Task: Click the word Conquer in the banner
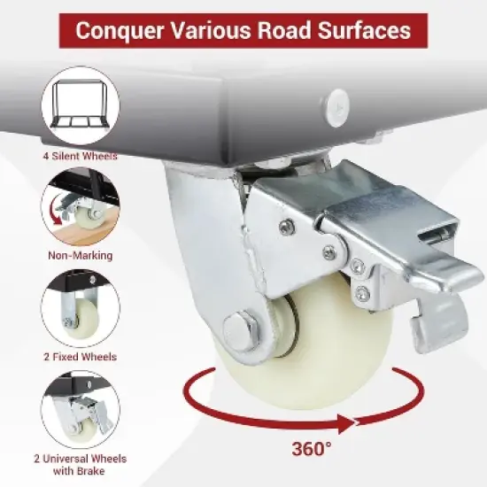coord(120,31)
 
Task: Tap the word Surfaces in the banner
coord(365,30)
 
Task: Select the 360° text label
coord(312,448)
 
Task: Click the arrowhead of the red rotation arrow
coord(346,423)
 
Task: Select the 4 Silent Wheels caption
coord(80,156)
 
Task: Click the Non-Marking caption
coord(80,256)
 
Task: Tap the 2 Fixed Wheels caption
coord(80,357)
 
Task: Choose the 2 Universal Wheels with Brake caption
coord(80,465)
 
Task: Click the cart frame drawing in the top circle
coord(80,104)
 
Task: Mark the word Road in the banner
coord(284,30)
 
